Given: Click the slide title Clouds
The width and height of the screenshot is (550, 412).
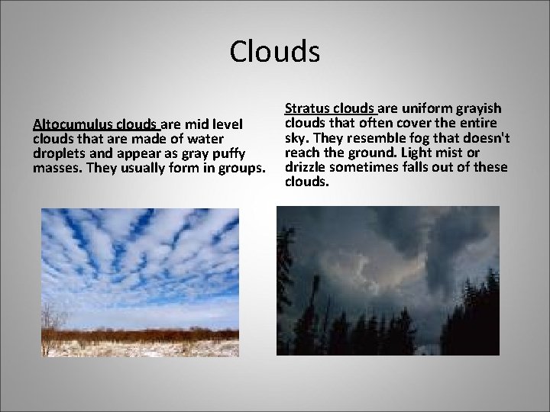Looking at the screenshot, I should (274, 53).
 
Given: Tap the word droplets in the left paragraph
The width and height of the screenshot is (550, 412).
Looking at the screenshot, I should (60, 153).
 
